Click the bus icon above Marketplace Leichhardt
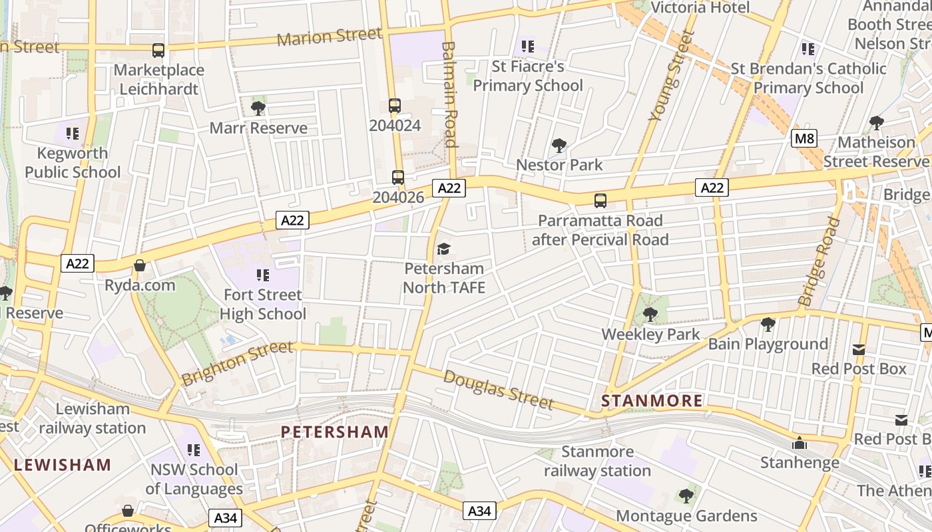(x=158, y=50)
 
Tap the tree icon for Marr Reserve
(x=258, y=108)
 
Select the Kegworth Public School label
(x=73, y=163)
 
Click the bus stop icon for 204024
(x=395, y=106)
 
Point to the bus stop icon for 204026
(x=398, y=177)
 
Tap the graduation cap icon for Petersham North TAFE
(x=443, y=249)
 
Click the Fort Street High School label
(x=263, y=304)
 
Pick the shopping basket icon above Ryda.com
(x=140, y=266)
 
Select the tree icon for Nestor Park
(x=559, y=145)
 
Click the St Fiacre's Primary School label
(x=528, y=76)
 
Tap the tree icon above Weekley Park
(x=650, y=314)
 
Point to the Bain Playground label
(x=768, y=344)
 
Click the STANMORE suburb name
(x=652, y=400)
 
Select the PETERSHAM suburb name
(x=335, y=432)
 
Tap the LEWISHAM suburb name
(x=63, y=464)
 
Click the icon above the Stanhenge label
(x=799, y=443)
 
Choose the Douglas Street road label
(x=499, y=390)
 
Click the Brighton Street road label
(x=237, y=362)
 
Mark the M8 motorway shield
(x=804, y=139)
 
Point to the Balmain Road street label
(x=450, y=94)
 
